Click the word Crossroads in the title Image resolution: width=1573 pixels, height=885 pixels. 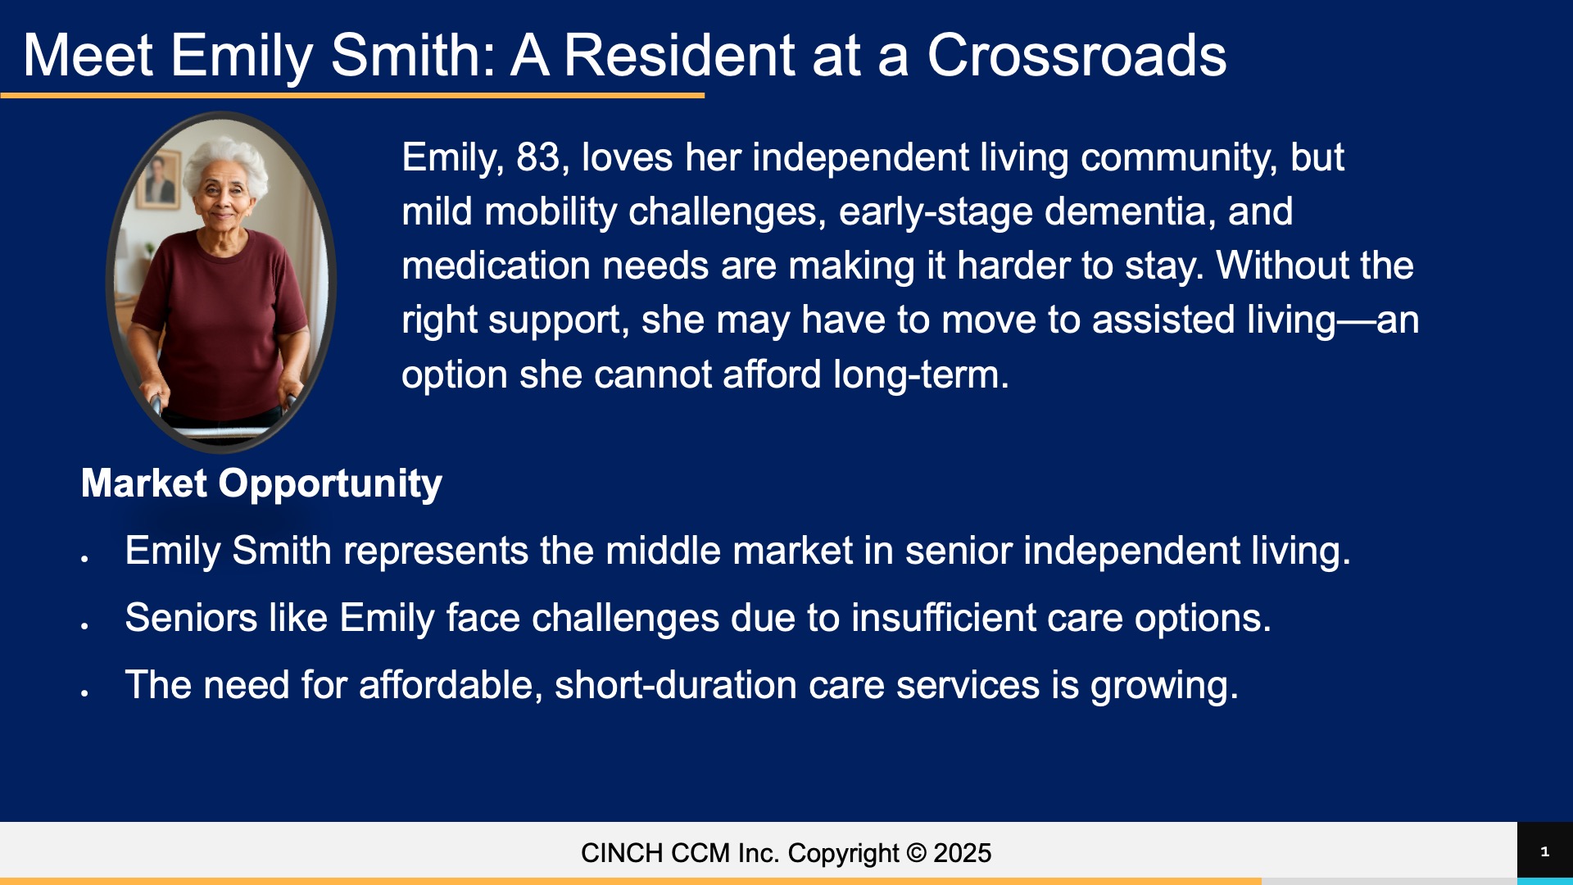[x=1077, y=56]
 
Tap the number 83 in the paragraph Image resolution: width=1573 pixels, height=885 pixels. [x=537, y=157]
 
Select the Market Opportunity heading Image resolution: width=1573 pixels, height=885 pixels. [x=261, y=483]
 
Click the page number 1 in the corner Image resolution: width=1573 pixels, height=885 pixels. [x=1545, y=852]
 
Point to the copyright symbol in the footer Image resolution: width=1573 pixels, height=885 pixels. [x=917, y=853]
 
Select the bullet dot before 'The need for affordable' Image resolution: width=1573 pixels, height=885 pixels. [x=84, y=692]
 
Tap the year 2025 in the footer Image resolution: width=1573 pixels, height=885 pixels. [x=963, y=853]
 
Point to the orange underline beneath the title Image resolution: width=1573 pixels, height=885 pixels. [x=352, y=96]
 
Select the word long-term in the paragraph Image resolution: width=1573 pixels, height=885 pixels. [x=921, y=374]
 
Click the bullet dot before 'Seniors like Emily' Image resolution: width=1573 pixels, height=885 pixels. [x=84, y=625]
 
